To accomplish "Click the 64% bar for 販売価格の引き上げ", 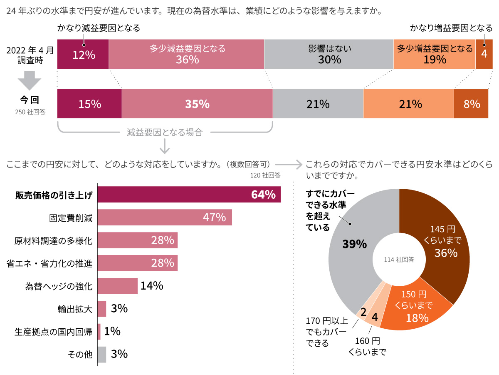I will (x=189, y=195).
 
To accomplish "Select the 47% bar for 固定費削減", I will (x=164, y=217).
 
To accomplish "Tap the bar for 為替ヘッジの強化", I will (x=117, y=286).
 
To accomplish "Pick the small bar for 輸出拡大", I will (x=102, y=309).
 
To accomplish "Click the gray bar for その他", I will (x=102, y=355).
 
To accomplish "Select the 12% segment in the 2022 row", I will (x=83, y=54).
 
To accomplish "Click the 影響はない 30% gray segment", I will (x=329, y=54).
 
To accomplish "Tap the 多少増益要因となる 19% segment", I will (x=434, y=54).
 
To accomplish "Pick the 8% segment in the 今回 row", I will (x=471, y=104).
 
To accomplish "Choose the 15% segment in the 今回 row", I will (x=89, y=104).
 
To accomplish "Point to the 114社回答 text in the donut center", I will (x=399, y=259).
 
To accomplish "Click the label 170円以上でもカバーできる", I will (x=326, y=332).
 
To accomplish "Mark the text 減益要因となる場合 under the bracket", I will (x=165, y=133).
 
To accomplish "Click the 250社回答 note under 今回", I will (x=30, y=112).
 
